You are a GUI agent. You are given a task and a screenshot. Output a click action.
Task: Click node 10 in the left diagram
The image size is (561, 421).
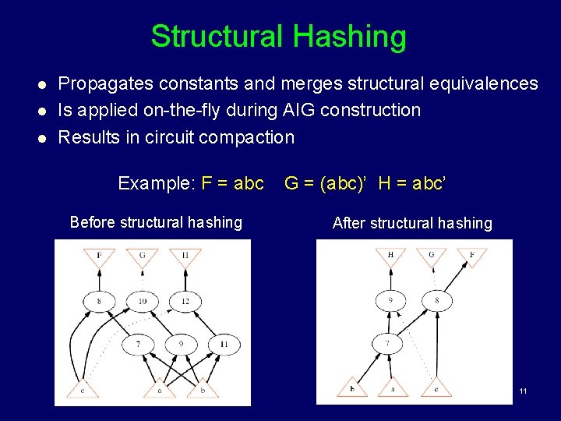(142, 301)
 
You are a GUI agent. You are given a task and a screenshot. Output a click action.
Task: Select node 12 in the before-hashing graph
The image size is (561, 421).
(185, 301)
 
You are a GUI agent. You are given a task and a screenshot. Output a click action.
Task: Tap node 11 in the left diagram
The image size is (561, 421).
(224, 344)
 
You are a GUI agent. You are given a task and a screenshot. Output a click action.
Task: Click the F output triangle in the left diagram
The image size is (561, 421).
(99, 256)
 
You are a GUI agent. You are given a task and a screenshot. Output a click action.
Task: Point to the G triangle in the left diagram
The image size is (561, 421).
(142, 256)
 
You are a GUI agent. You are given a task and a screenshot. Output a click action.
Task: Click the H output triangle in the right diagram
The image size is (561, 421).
(390, 256)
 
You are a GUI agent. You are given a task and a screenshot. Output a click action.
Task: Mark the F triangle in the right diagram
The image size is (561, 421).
(473, 256)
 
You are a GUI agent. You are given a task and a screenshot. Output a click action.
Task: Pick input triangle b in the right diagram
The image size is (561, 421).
(352, 387)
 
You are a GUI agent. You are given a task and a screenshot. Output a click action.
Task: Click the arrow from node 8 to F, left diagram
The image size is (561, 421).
(99, 277)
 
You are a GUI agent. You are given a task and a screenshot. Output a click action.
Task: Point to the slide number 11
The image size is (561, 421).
(523, 390)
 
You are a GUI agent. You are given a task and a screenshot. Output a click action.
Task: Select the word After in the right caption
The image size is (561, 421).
(348, 223)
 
